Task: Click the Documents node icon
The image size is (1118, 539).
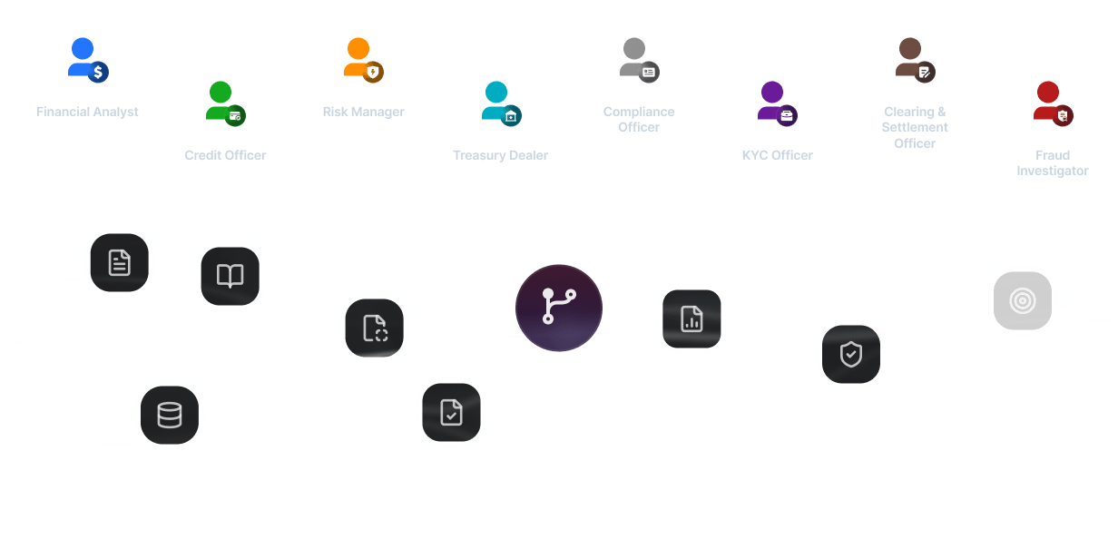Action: (x=119, y=263)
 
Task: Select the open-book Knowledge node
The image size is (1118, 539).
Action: (x=230, y=276)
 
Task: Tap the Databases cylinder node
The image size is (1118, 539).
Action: (x=169, y=415)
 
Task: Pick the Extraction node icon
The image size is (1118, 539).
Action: (x=375, y=328)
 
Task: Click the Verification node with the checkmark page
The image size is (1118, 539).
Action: (x=451, y=413)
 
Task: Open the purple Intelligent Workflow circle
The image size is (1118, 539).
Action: (x=559, y=308)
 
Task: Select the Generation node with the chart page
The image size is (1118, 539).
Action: (x=691, y=318)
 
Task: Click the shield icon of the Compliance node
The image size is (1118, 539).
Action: (x=851, y=354)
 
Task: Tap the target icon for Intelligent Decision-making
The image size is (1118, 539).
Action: (x=1023, y=300)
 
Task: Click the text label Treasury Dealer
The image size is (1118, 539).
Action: (x=500, y=155)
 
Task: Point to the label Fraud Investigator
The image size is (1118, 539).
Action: (x=1053, y=163)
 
